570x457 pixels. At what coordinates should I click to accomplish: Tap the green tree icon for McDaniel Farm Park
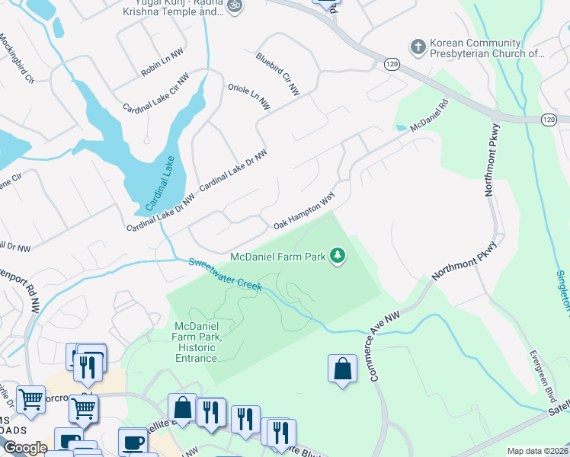point(338,257)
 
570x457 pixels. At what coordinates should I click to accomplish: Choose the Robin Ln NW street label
point(162,68)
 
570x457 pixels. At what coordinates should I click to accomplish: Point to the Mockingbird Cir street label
point(17,58)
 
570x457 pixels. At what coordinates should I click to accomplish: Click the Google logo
point(25,448)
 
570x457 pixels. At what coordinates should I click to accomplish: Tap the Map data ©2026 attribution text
point(536,451)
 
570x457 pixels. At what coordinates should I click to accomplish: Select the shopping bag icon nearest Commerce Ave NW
point(342,369)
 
